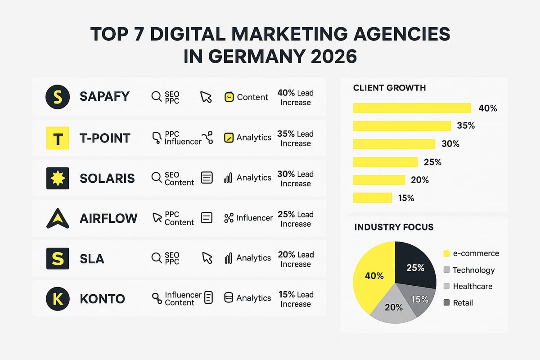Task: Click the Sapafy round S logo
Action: point(58,97)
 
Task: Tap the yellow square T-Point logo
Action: point(58,138)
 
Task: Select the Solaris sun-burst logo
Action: point(58,178)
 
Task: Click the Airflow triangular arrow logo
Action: point(58,218)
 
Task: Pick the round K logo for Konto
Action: point(58,298)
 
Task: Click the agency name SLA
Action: point(92,258)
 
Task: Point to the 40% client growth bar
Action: point(412,108)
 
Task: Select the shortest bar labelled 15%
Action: point(373,198)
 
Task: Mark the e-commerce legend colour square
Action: point(446,254)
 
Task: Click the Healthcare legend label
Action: point(472,286)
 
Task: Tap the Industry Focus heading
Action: point(394,227)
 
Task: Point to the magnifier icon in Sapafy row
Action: point(156,97)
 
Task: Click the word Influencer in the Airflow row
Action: point(255,218)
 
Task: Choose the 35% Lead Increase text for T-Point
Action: point(296,139)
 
